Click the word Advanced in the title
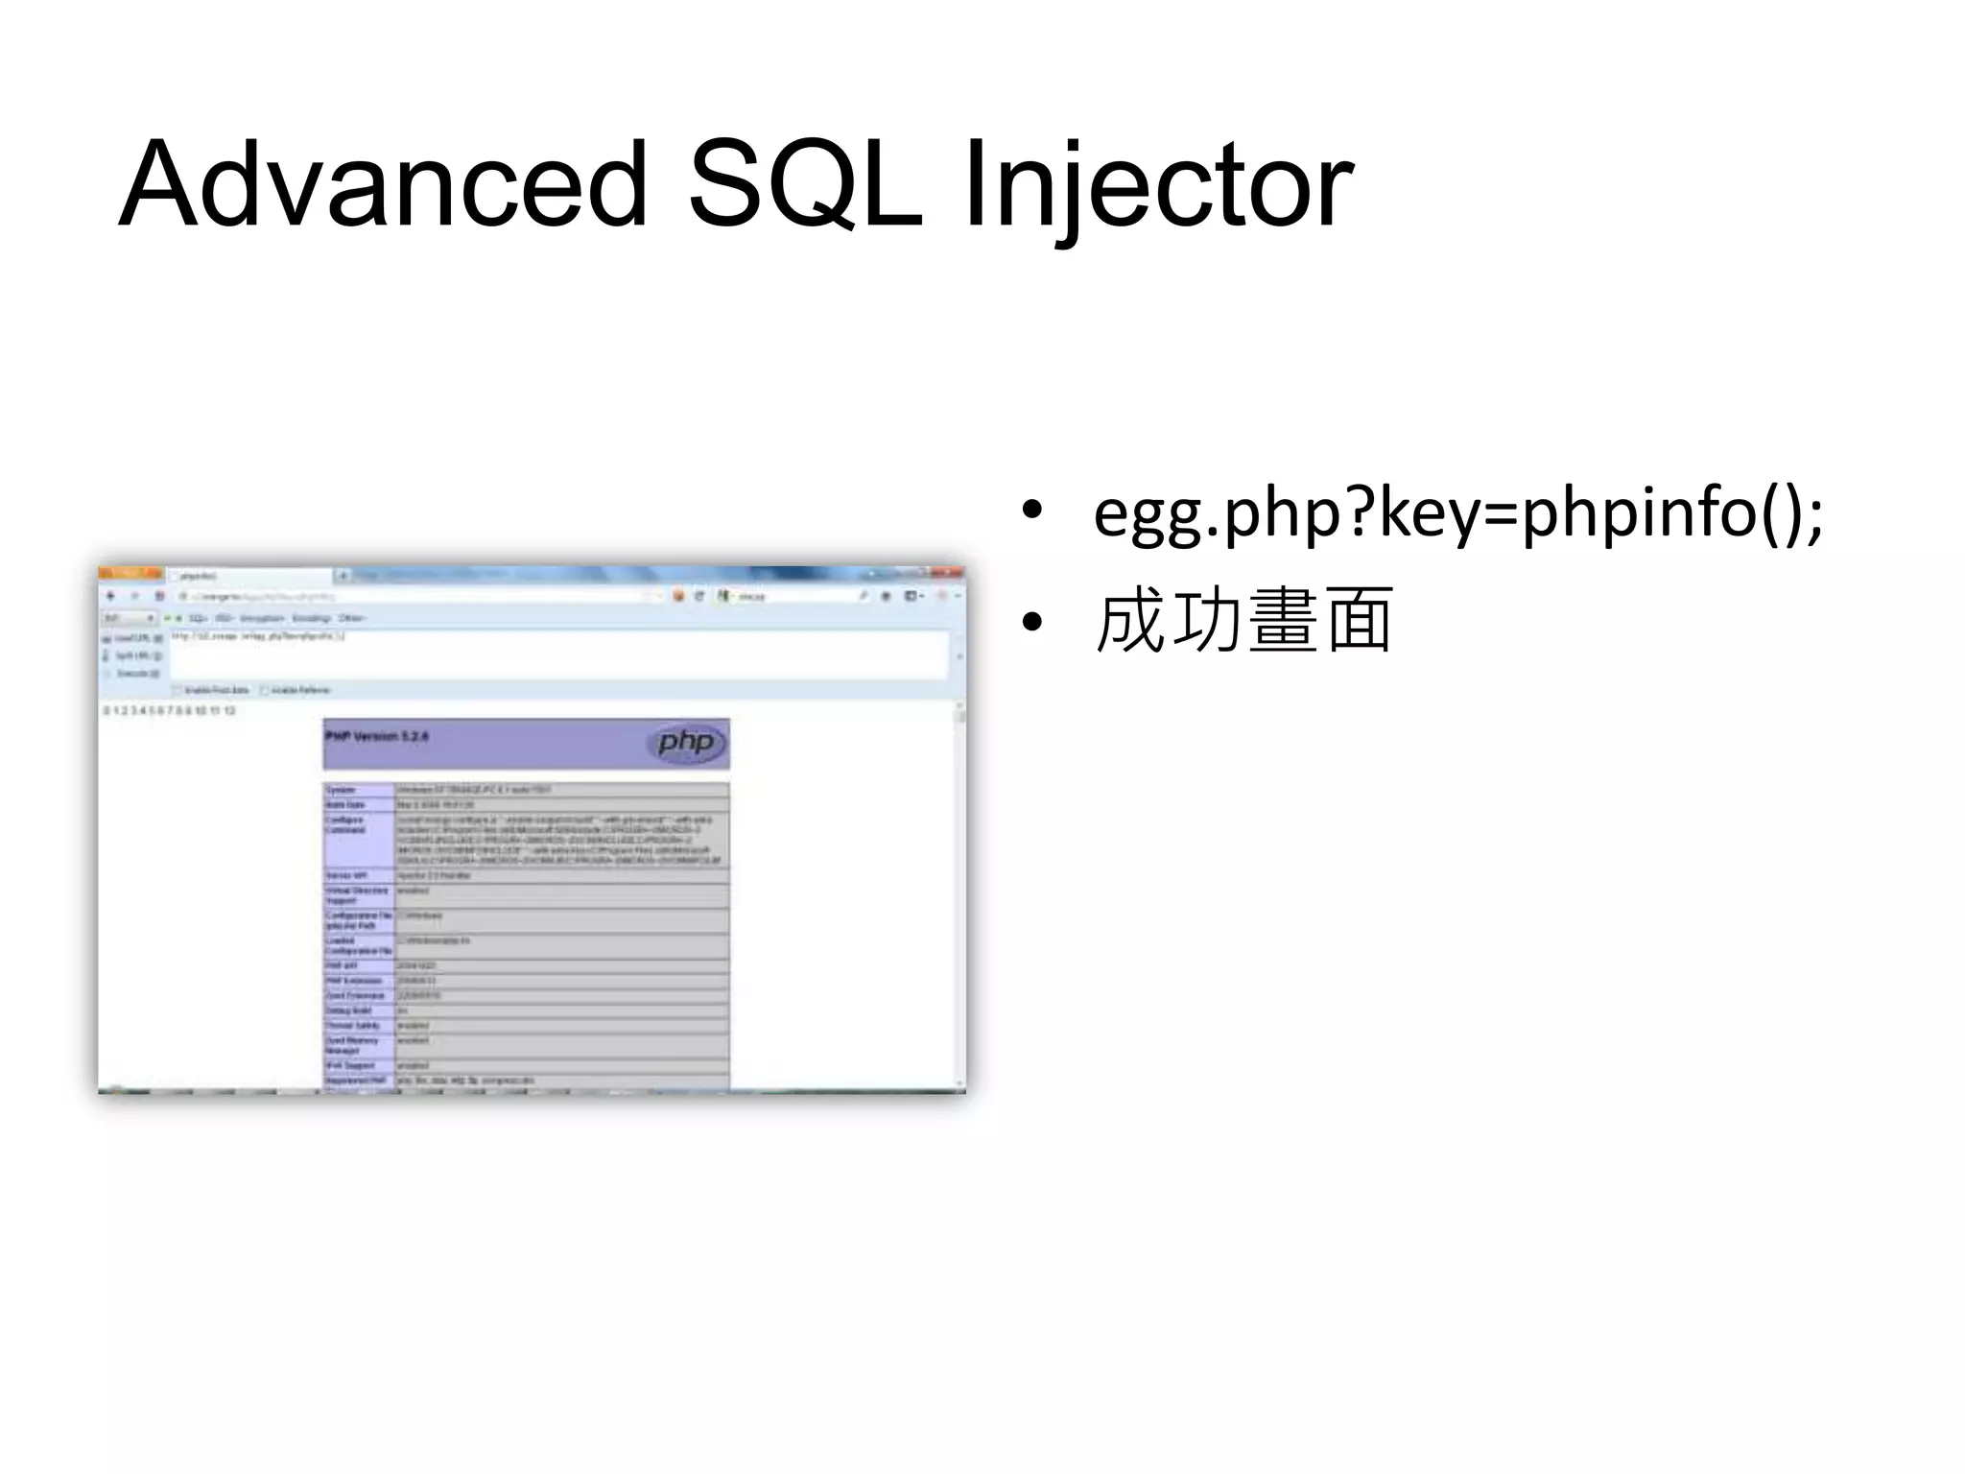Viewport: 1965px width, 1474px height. (384, 184)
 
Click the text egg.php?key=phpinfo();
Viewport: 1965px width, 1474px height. (1457, 514)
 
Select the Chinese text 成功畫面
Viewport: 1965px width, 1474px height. (1243, 622)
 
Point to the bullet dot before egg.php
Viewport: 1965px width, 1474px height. (1031, 511)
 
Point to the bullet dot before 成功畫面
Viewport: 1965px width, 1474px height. (1031, 623)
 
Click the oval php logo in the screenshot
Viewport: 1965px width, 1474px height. (686, 743)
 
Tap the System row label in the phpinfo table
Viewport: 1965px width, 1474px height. (342, 790)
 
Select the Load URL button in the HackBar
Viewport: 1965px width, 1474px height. (132, 638)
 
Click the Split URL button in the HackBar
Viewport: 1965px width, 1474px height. (132, 656)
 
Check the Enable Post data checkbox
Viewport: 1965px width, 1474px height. (178, 690)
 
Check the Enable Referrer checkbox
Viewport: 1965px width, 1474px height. (265, 690)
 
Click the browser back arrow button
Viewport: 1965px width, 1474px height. (110, 596)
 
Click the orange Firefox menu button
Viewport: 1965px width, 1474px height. (130, 574)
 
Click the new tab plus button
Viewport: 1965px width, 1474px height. (343, 576)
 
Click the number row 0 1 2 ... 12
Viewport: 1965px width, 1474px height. (170, 711)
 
